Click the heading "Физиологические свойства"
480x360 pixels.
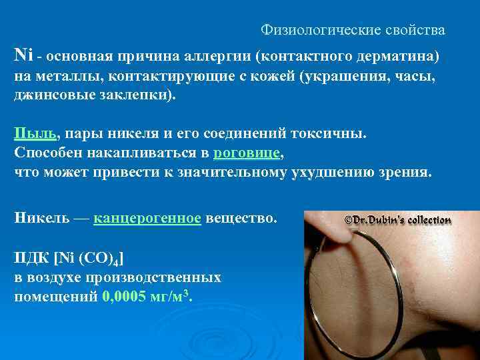pos(353,31)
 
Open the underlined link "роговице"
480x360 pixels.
pos(247,153)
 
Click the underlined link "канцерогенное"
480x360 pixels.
pos(147,218)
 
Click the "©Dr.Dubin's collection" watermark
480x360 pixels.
pos(397,220)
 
